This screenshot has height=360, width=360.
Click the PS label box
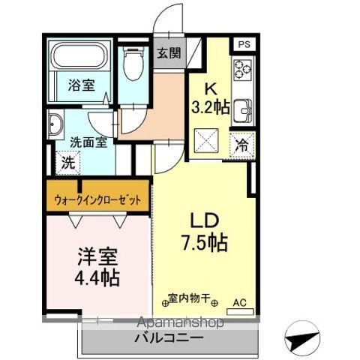243,44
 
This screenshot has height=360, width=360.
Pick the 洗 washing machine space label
67,160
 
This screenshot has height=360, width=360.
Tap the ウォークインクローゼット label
97,200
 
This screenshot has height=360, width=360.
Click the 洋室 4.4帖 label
97,266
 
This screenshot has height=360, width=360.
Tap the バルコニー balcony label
169,337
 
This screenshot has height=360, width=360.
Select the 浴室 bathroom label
81,85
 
